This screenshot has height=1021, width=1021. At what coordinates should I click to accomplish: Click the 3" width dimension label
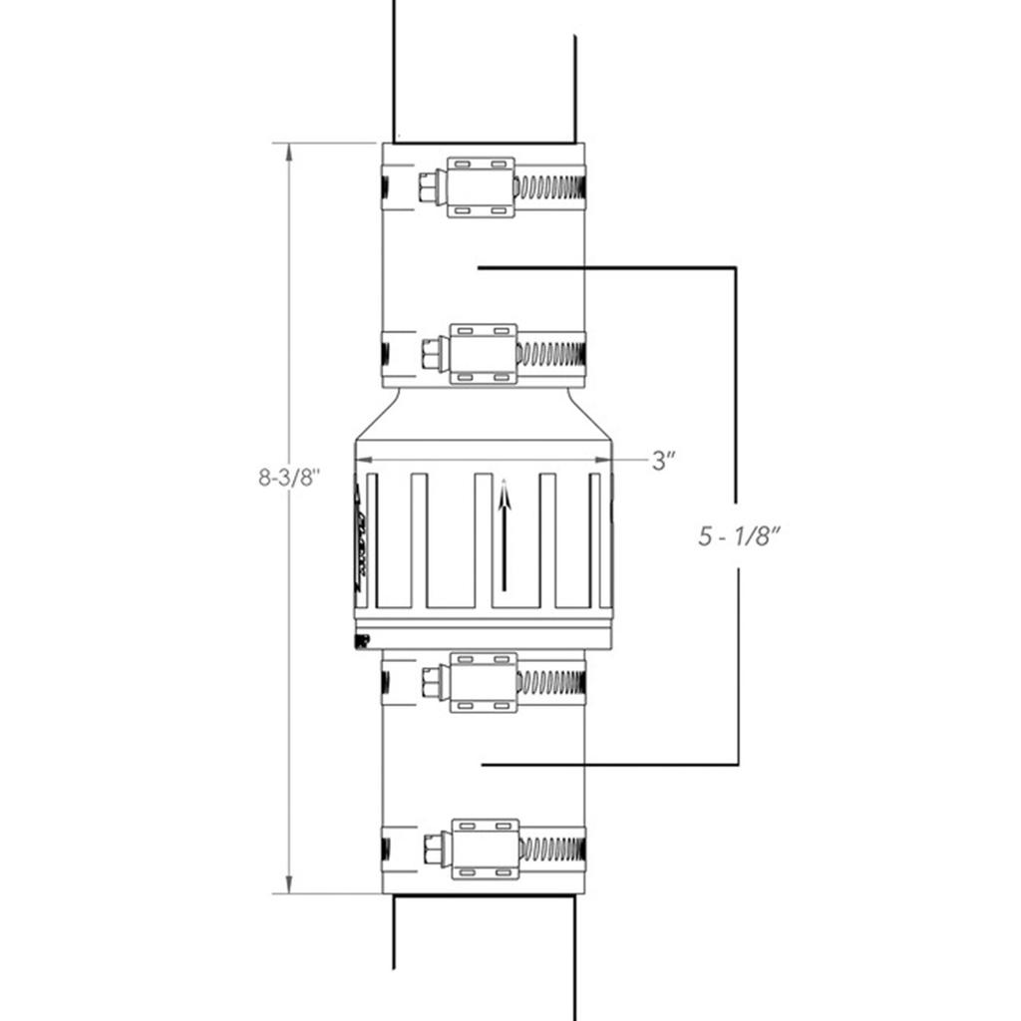click(664, 460)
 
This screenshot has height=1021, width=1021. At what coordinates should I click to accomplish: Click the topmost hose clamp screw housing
click(480, 186)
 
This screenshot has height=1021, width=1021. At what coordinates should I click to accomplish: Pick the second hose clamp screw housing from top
click(483, 353)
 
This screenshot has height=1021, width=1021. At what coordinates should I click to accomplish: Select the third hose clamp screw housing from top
click(483, 682)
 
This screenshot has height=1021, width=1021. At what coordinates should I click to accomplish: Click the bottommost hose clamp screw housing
click(485, 850)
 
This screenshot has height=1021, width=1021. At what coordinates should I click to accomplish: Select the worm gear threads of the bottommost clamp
click(550, 850)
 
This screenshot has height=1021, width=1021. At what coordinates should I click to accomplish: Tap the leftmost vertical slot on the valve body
click(372, 539)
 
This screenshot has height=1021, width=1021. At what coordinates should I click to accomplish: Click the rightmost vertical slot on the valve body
click(595, 539)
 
